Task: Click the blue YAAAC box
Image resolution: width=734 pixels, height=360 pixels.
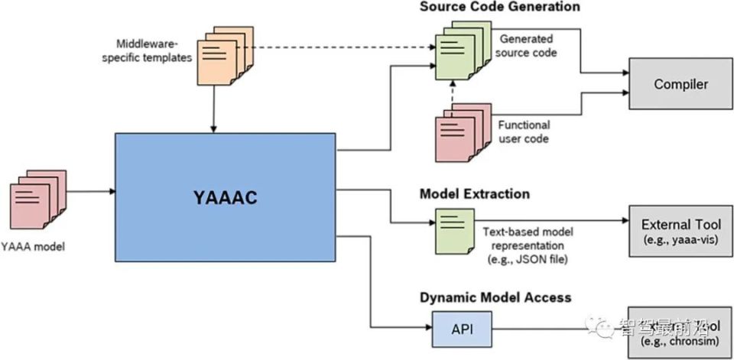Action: coord(225,197)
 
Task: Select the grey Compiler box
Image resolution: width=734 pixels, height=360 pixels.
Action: coord(680,83)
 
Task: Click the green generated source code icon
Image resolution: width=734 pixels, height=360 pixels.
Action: coord(459,50)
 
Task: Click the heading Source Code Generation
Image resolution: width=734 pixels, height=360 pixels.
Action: coord(499,7)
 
